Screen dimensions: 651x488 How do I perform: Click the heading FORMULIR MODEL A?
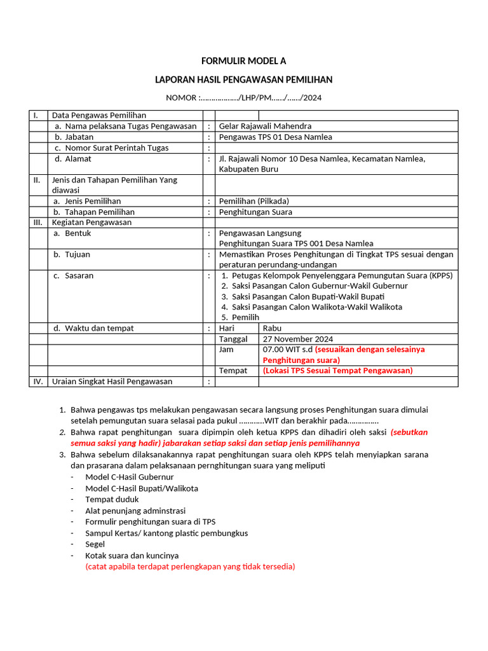[x=243, y=61]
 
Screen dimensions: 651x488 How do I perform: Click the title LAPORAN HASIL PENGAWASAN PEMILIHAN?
[x=243, y=79]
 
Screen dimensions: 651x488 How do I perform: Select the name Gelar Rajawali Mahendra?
[x=265, y=126]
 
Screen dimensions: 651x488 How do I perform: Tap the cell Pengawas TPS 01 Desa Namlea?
[x=275, y=137]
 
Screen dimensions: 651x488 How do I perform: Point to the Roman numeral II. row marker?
[x=37, y=180]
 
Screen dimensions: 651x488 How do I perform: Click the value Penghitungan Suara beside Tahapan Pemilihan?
[x=255, y=212]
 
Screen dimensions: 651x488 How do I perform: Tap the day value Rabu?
[x=272, y=328]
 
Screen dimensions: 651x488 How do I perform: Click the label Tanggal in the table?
[x=233, y=339]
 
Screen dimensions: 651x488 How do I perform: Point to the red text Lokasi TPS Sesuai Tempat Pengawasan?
[x=337, y=371]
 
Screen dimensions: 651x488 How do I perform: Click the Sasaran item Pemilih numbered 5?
[x=245, y=317]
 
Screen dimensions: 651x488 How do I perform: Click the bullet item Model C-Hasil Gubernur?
[x=129, y=477]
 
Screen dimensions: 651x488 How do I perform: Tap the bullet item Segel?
[x=95, y=544]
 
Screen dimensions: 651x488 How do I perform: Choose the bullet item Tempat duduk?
[x=112, y=499]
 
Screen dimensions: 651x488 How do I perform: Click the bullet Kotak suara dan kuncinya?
[x=132, y=555]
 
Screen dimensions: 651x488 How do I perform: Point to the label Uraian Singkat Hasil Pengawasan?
[x=112, y=381]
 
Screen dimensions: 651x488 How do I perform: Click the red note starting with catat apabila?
[x=190, y=566]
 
